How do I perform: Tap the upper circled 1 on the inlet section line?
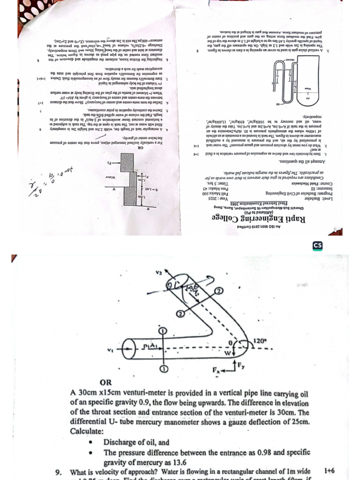tap(162, 331)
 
